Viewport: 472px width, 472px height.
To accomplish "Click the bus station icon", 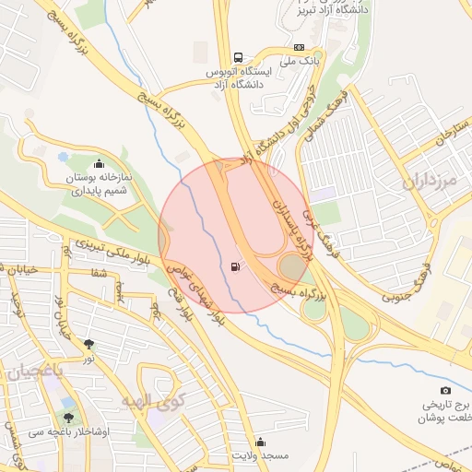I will point(239,56).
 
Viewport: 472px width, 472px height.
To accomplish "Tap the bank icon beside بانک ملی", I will point(299,47).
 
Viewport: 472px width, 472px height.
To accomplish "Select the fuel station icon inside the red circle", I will point(237,268).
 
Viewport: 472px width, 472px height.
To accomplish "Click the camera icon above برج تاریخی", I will point(446,390).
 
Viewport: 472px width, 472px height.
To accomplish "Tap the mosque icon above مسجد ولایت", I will point(260,442).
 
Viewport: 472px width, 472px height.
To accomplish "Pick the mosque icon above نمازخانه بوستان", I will point(99,164).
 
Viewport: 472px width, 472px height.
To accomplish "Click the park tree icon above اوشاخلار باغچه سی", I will point(68,403).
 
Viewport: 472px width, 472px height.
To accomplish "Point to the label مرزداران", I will point(431,181).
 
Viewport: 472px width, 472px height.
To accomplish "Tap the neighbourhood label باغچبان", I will point(34,372).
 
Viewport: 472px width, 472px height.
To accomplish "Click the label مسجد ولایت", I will point(260,455).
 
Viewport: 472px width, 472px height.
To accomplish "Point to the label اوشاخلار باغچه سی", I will point(68,431).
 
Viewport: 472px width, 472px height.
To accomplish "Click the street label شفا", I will point(99,272).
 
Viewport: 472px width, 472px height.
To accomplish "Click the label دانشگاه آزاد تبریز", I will point(329,10).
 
